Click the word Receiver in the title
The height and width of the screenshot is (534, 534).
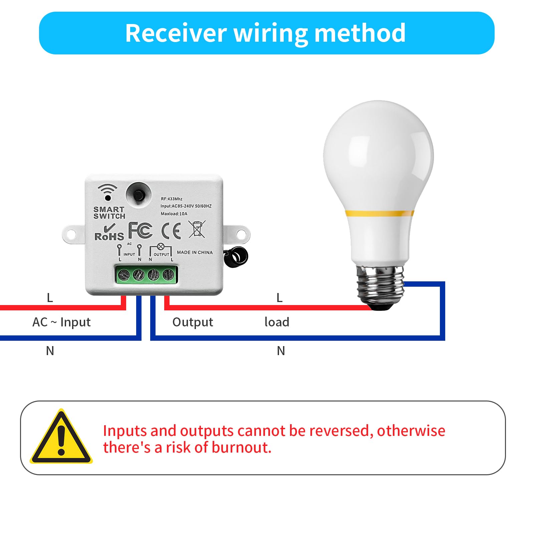[176, 33]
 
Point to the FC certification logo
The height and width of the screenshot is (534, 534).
[140, 230]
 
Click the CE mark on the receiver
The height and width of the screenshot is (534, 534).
[171, 231]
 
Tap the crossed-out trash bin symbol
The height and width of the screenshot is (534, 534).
[197, 229]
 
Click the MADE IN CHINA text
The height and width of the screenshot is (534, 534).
[195, 252]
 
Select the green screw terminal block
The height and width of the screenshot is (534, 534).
[146, 275]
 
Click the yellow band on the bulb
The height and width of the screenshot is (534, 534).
[379, 213]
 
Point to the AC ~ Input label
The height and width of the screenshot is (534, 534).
[61, 322]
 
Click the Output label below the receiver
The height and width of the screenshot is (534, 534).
[193, 322]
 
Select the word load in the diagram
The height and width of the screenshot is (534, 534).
[277, 322]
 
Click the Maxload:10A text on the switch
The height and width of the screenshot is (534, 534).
[174, 214]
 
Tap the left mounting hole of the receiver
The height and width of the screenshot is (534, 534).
[71, 235]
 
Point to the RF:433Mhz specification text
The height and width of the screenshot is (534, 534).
[172, 199]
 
